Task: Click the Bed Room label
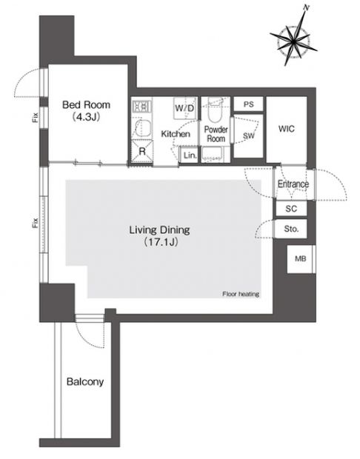[86, 104]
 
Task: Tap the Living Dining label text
[160, 229]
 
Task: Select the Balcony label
[85, 382]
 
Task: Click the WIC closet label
[287, 129]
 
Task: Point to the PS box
[248, 104]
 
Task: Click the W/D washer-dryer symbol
[185, 108]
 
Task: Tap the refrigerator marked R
[142, 151]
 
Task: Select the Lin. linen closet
[190, 155]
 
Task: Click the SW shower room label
[249, 135]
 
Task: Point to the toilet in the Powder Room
[216, 110]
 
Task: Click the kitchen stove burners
[141, 107]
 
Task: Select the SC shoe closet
[291, 209]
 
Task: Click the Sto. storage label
[291, 229]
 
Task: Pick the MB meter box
[301, 259]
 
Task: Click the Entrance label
[293, 184]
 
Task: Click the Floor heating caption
[241, 294]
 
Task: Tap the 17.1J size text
[161, 242]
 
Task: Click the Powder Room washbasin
[212, 155]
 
